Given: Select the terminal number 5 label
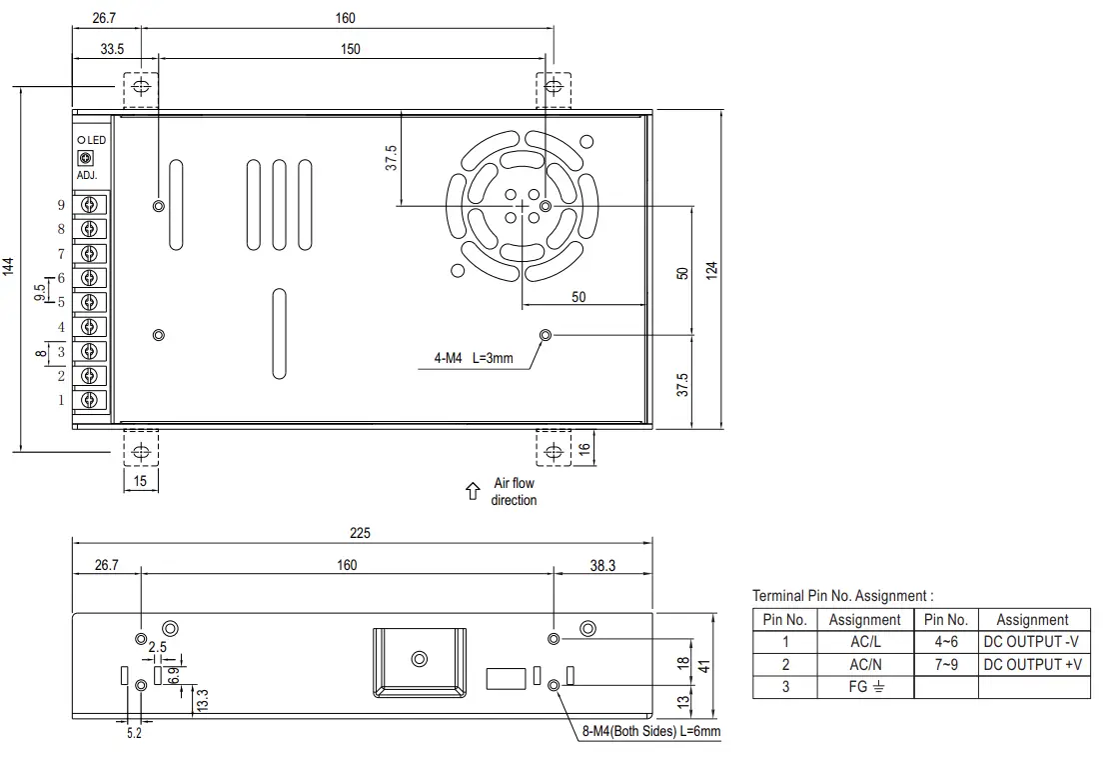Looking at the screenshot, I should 61,303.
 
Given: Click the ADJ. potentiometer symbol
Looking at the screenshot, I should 85,158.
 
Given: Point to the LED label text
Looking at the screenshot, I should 95,140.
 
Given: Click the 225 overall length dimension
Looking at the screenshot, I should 360,533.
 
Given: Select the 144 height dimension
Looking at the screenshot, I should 9,267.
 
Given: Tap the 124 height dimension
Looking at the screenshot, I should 712,270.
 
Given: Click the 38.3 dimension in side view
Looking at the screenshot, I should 602,565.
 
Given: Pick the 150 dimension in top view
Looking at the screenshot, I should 350,49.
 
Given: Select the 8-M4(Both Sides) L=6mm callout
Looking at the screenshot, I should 650,732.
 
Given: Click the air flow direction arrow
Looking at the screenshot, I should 473,492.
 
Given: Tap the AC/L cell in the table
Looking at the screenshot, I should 864,642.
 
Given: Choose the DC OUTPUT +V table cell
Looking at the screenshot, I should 1031,664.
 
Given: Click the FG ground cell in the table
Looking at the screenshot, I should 864,687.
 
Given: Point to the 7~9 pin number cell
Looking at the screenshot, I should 945,664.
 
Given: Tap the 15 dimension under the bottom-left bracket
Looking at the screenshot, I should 140,482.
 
